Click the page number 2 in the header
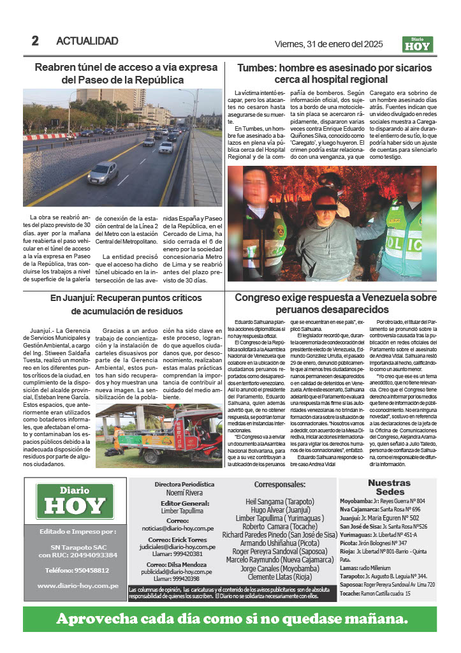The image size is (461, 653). click(x=35, y=41)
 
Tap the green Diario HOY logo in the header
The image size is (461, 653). click(x=418, y=44)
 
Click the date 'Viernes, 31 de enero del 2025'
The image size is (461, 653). click(x=328, y=43)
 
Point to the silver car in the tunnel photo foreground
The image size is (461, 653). click(x=103, y=173)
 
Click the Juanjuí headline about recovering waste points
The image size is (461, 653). click(x=126, y=304)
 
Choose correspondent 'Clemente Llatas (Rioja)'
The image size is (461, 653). click(x=279, y=577)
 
